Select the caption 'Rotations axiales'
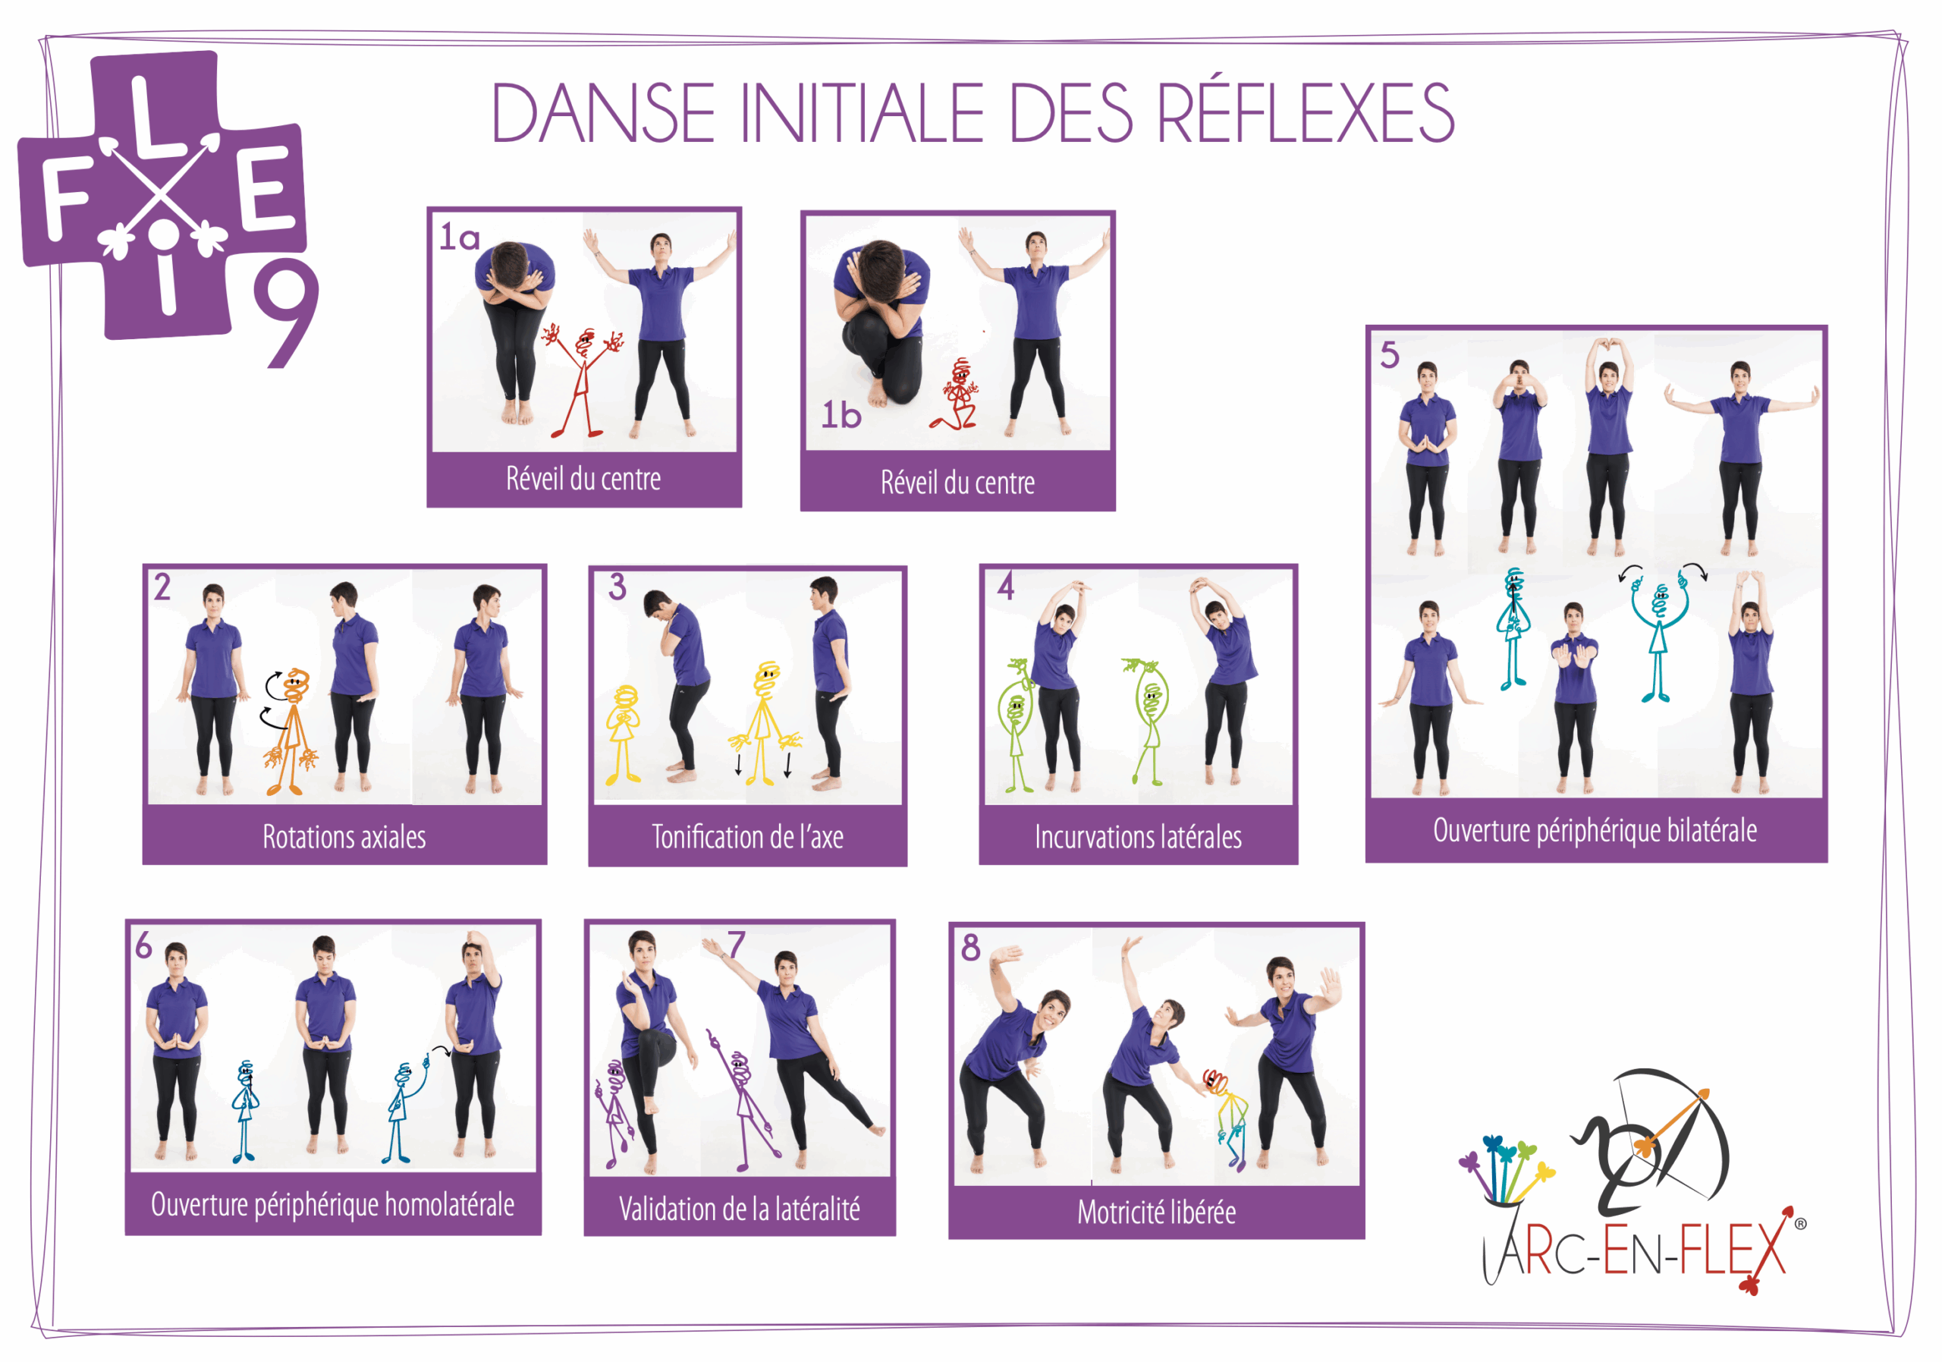tap(344, 838)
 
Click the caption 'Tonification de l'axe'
tap(748, 838)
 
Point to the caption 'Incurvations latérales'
tap(1139, 838)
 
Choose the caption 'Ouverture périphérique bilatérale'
tap(1595, 831)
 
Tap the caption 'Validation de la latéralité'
tap(739, 1209)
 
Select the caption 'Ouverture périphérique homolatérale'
tap(332, 1205)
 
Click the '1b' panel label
tap(841, 415)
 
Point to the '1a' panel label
tap(459, 237)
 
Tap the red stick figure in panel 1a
tap(583, 381)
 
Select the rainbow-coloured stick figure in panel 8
tap(1228, 1117)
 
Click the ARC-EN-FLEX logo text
tap(1636, 1250)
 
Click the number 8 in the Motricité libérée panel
tap(971, 948)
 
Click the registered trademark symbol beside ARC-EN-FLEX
tap(1800, 1223)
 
